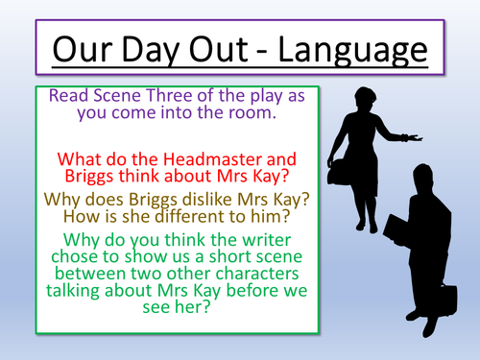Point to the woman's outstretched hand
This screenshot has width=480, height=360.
[x=414, y=137]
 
